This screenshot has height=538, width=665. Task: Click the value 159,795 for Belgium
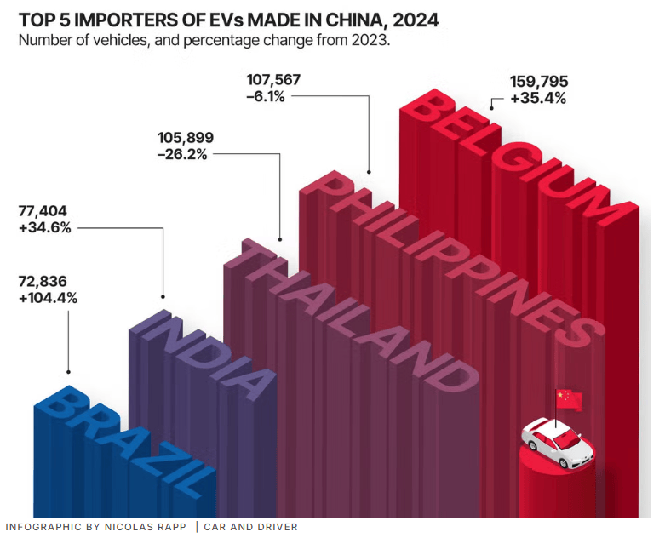[x=539, y=82]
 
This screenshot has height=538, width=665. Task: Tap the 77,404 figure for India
[x=42, y=210]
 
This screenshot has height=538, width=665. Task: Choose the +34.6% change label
[x=43, y=227]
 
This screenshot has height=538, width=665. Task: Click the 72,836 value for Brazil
[x=42, y=281]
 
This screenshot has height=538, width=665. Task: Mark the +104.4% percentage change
[x=47, y=298]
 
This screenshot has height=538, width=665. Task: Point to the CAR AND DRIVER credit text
[x=250, y=527]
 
